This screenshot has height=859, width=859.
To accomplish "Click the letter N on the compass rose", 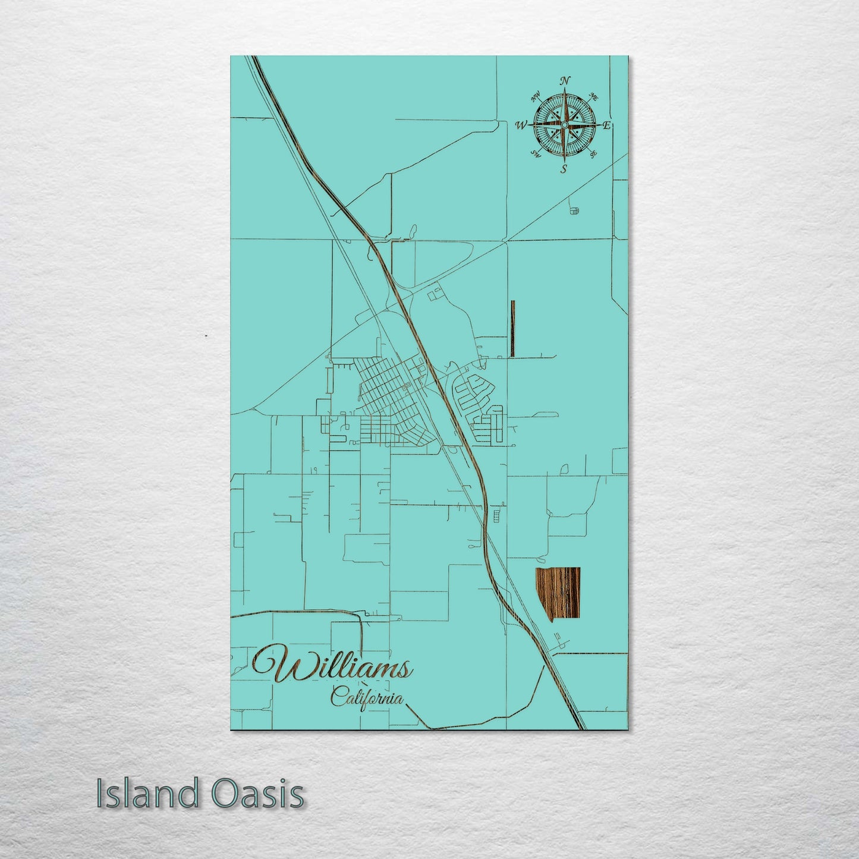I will [566, 81].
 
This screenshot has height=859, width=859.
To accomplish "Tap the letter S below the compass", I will [564, 169].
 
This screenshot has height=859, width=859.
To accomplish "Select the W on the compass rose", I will [521, 125].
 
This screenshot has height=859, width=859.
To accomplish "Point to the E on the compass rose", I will [607, 125].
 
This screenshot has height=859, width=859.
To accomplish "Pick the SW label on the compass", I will [535, 155].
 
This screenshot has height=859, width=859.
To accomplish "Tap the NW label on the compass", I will [536, 95].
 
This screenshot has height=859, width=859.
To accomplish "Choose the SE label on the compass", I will [593, 154].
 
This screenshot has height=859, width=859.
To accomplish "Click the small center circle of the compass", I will [564, 125].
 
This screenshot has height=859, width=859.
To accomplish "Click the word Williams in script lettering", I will [333, 668].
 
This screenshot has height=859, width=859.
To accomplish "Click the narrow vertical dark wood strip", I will [512, 328].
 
